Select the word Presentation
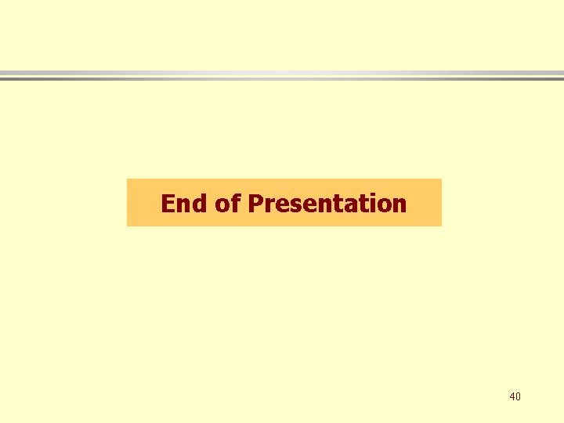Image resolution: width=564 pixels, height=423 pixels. pos(327,204)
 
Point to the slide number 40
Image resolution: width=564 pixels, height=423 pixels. pos(515,397)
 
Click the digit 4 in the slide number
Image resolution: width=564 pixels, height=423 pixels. pos(512,397)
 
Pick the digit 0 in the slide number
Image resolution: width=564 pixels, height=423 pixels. pos(518,397)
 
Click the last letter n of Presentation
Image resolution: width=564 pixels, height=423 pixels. pos(399,205)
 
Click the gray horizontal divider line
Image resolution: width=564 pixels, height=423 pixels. pos(282,75)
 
